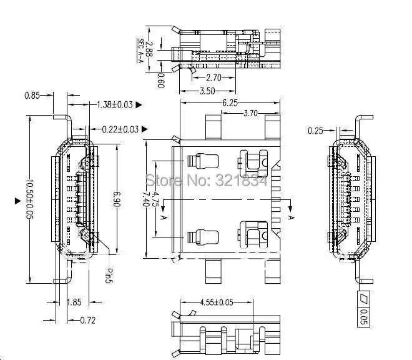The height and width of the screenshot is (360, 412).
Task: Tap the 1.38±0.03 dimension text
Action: tap(115, 105)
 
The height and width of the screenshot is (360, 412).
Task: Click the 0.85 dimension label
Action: tap(32, 96)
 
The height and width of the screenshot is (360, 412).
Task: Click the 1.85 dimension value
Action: tap(74, 302)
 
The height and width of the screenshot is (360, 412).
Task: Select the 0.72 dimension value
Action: tap(89, 321)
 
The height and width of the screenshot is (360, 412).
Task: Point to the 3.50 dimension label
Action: tap(208, 91)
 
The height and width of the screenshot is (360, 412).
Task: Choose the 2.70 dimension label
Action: tap(214, 77)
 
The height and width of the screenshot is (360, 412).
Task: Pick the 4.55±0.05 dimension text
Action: tap(217, 302)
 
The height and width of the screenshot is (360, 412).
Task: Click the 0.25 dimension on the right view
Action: tap(316, 130)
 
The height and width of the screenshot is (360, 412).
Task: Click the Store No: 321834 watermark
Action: tap(206, 181)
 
